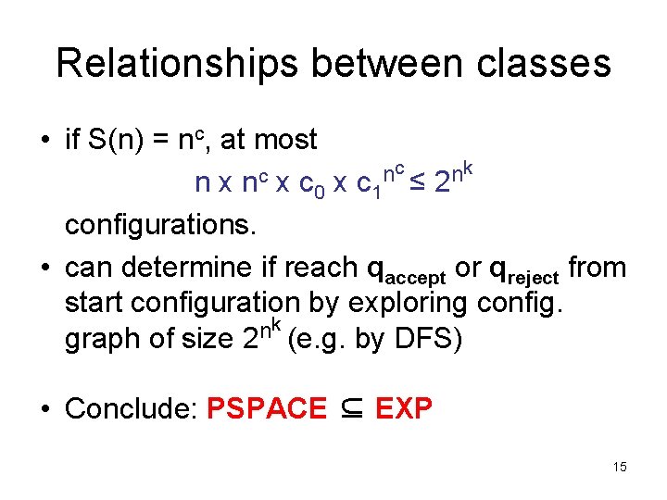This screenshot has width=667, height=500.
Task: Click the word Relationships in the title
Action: click(x=177, y=63)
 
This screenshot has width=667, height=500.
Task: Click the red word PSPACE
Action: click(x=267, y=408)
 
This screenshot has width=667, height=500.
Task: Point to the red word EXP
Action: click(x=404, y=408)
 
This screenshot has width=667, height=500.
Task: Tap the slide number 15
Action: click(x=620, y=468)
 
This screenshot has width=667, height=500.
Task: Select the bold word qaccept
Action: click(x=407, y=269)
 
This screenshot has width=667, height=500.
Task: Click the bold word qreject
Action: click(x=524, y=269)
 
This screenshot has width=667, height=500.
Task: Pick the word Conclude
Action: click(x=132, y=408)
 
